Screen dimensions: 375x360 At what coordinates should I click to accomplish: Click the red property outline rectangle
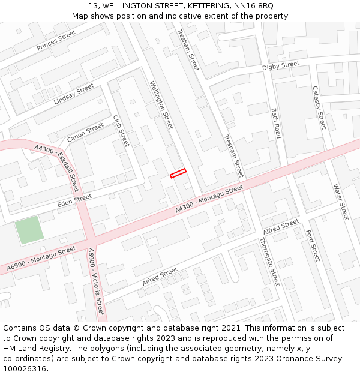(178, 173)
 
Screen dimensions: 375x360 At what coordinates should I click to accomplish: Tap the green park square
(29, 230)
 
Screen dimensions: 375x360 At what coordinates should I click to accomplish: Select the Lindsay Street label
(74, 94)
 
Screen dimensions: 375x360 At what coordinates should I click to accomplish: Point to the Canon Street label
(85, 133)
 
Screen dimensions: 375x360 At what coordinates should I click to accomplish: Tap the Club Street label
(121, 131)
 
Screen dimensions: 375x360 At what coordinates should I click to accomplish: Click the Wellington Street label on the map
(161, 105)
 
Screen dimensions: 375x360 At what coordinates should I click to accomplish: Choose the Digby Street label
(280, 65)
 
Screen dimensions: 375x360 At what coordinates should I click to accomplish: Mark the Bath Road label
(276, 123)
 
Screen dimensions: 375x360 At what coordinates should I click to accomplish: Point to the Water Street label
(341, 202)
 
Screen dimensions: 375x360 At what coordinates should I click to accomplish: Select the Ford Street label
(313, 245)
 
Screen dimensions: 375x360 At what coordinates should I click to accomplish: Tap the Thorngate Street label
(269, 261)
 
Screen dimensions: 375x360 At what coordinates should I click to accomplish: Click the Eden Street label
(74, 201)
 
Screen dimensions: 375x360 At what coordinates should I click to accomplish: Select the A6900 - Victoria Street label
(96, 281)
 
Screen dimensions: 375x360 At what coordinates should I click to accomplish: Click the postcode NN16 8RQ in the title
(253, 5)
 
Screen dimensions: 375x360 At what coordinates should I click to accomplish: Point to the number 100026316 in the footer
(25, 368)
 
